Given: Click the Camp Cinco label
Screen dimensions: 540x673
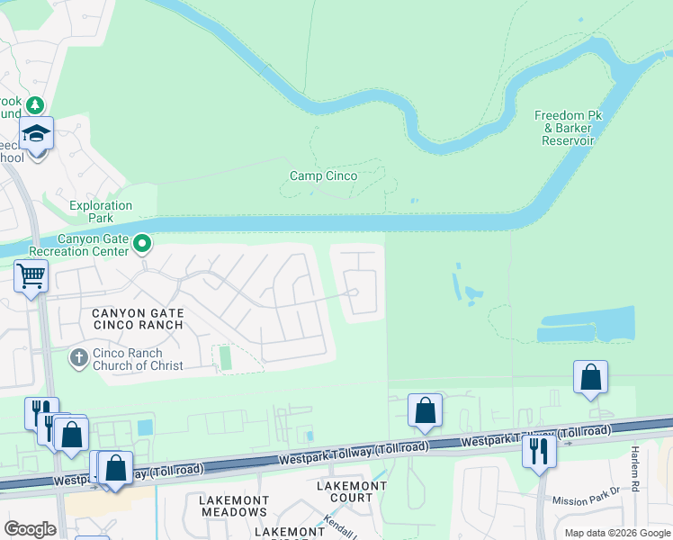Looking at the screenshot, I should [x=323, y=176].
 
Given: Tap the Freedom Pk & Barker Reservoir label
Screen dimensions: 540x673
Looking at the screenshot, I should [x=568, y=128].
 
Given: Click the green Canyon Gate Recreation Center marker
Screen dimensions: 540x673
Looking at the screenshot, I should [x=142, y=243].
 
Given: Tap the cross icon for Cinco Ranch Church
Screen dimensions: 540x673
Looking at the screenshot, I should [x=78, y=358].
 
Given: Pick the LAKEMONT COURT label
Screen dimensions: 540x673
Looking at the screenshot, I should [x=352, y=491].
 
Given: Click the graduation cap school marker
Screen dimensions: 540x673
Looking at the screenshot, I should [x=37, y=135].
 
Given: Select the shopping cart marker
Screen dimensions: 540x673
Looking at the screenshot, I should [x=31, y=275].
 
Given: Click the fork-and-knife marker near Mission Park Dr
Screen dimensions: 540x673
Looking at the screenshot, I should [x=539, y=450].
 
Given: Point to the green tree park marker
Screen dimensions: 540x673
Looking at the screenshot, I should [x=35, y=105].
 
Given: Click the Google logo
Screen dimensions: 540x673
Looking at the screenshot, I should [x=30, y=529].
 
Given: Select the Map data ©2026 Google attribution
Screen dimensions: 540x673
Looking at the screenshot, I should [x=616, y=533].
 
